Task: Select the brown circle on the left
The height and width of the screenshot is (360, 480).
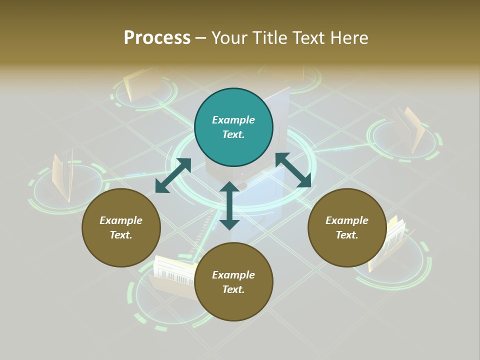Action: (x=121, y=227)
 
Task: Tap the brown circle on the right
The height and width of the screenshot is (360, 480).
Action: (x=347, y=227)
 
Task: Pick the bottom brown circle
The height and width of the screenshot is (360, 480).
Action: (x=233, y=282)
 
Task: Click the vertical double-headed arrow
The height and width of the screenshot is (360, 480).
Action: (x=229, y=205)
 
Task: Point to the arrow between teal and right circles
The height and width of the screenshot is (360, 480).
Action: (x=293, y=170)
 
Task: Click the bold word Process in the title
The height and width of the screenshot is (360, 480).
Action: (x=157, y=37)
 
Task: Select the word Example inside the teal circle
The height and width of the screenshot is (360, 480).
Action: (x=233, y=120)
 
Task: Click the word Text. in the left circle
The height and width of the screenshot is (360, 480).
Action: (x=121, y=235)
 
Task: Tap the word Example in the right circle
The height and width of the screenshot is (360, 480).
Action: (x=347, y=220)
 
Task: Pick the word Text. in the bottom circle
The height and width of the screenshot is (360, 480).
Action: (x=233, y=289)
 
